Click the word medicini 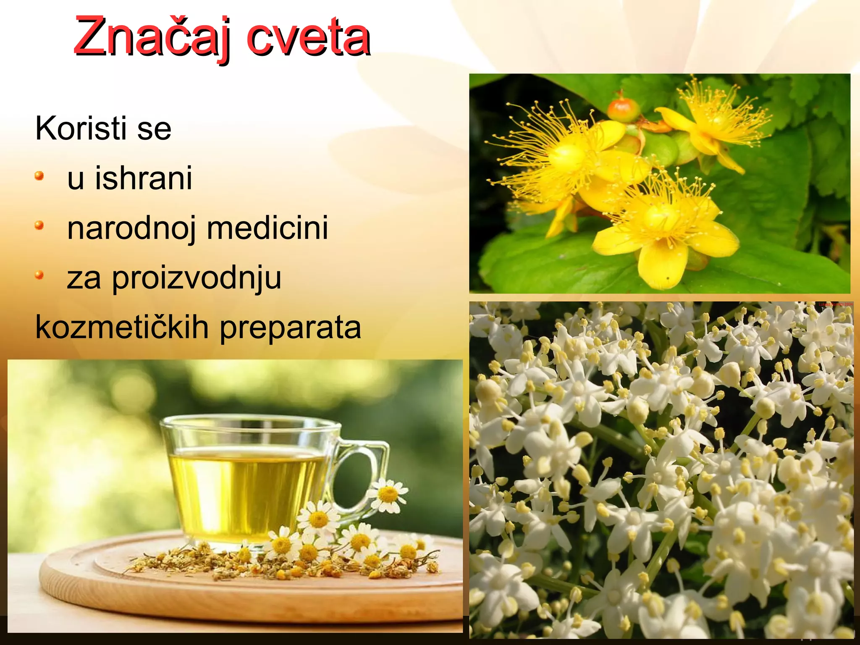coord(267,228)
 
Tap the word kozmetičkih coord(122,328)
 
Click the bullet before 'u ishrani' coord(39,176)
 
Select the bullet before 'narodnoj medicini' coord(39,226)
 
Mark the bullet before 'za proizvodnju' coord(39,275)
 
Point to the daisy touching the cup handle coord(387,496)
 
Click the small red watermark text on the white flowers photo coord(835,304)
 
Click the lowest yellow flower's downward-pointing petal coord(662,265)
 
